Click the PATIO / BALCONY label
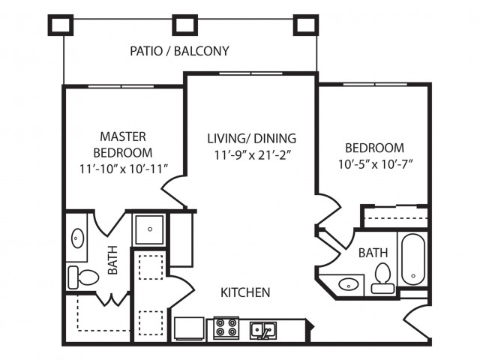pos(179,52)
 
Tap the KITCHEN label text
pos(244,292)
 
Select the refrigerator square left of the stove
pos(190,328)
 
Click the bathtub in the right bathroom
pos(413,259)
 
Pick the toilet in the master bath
pos(82,277)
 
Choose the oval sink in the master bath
pos(77,238)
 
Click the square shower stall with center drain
pos(149,229)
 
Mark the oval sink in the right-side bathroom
pos(347,284)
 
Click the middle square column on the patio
pos(184,25)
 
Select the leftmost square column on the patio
pos(61,25)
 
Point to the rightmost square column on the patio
pos(305,25)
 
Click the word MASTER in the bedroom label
pos(122,136)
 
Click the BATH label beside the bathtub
pos(372,253)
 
